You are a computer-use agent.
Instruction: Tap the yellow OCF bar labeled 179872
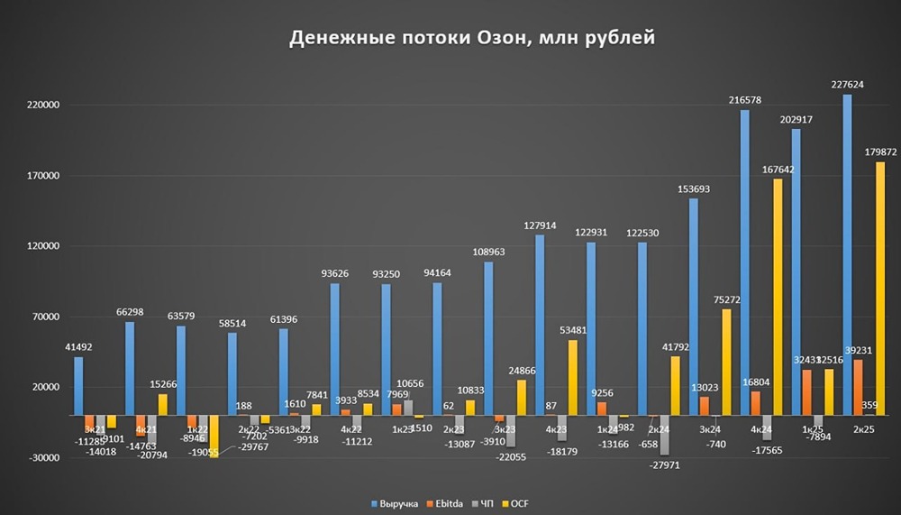tap(879, 289)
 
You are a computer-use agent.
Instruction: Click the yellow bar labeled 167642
tap(777, 297)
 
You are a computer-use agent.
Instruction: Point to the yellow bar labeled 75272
tap(725, 362)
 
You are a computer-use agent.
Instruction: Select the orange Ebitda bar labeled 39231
tap(858, 387)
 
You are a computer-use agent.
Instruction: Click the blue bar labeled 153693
tap(693, 307)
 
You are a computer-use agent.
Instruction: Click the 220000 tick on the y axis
tap(40, 106)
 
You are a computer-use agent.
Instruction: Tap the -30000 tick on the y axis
tap(40, 457)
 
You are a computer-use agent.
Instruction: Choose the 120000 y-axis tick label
tap(40, 246)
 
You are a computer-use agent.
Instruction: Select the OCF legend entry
tap(520, 502)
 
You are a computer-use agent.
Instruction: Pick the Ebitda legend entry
tap(450, 502)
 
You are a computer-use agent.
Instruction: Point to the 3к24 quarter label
tap(708, 429)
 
